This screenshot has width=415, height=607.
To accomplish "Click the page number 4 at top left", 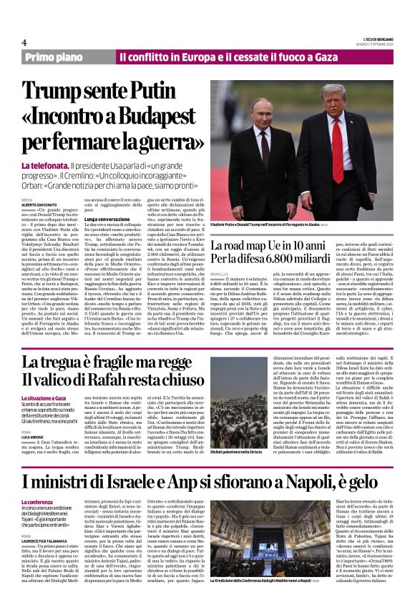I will point(24,42).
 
